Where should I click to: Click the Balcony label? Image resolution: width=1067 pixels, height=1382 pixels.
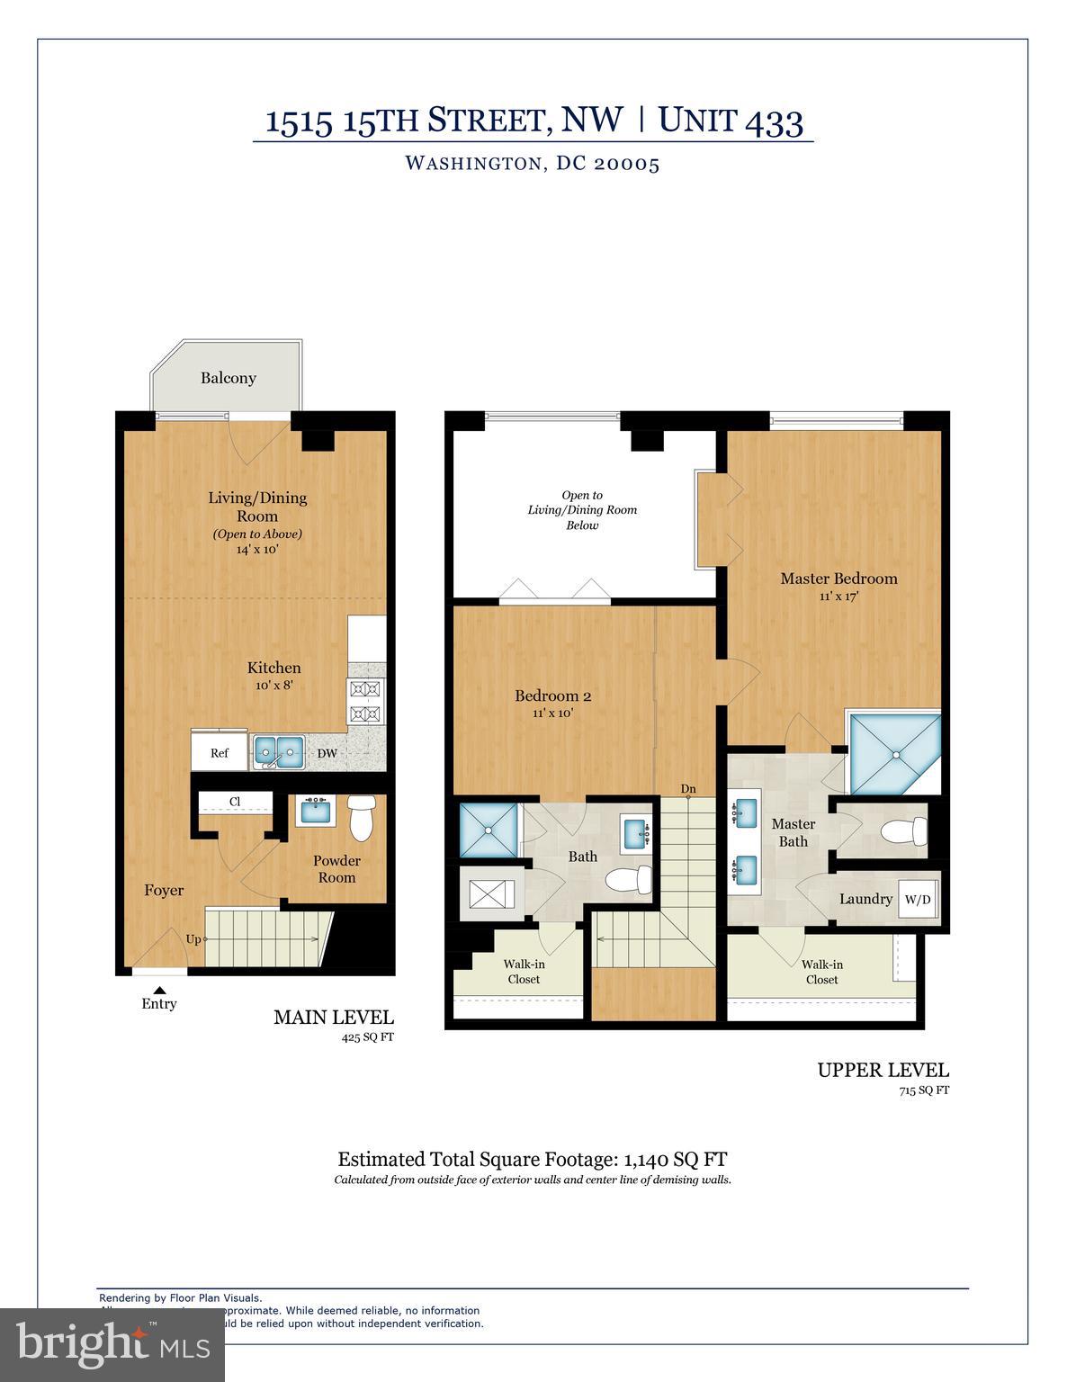click(x=228, y=378)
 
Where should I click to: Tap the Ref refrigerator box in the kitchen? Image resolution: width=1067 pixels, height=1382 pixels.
click(x=219, y=753)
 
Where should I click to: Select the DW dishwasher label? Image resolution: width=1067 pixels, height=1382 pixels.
click(x=327, y=753)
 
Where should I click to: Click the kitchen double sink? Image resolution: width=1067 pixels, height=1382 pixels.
click(x=278, y=751)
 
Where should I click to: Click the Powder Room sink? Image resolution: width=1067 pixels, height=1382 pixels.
click(x=316, y=811)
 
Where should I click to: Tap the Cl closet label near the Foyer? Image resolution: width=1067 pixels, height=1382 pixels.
click(x=235, y=801)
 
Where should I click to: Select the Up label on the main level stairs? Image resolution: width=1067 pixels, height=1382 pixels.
click(x=193, y=939)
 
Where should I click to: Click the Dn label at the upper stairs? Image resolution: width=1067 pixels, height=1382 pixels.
click(x=688, y=789)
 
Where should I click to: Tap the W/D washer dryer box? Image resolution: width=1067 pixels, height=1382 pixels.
click(x=917, y=899)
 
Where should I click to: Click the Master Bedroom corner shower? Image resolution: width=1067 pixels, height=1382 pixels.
click(x=895, y=753)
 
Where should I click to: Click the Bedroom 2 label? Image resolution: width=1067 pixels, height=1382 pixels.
click(x=552, y=695)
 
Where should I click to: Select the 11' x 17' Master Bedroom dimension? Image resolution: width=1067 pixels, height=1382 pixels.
click(x=838, y=596)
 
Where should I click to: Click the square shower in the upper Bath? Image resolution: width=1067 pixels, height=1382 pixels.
click(x=489, y=830)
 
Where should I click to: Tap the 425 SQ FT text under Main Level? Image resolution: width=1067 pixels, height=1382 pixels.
click(x=367, y=1037)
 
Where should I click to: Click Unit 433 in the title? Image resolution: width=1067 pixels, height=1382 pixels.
click(x=731, y=120)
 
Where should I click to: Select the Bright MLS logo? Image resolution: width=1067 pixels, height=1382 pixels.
click(x=112, y=1344)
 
